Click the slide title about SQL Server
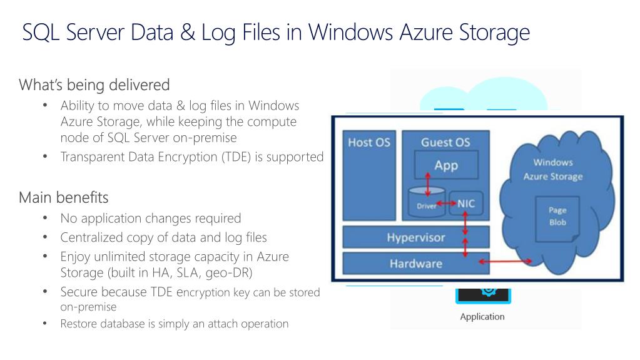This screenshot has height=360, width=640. pos(276,32)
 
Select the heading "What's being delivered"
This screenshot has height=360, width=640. pos(94,84)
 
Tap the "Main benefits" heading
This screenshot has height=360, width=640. pos(63,198)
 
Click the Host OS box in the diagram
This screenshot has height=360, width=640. pos(368,175)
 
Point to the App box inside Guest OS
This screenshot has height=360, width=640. pos(446,165)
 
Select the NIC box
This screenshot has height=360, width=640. pos(465,203)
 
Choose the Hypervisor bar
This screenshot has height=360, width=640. pos(415,238)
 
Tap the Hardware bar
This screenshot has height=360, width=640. pos(415,263)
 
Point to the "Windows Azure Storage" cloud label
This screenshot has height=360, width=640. pos(552,170)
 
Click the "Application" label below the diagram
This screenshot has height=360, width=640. pos(482,316)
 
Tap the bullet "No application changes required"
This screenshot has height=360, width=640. pos(150,219)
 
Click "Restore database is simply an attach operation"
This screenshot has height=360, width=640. pos(175,324)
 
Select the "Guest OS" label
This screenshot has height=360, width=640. pos(445,142)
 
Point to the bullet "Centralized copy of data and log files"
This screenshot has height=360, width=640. pos(163,237)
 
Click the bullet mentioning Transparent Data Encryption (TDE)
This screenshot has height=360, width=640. pos(191,157)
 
